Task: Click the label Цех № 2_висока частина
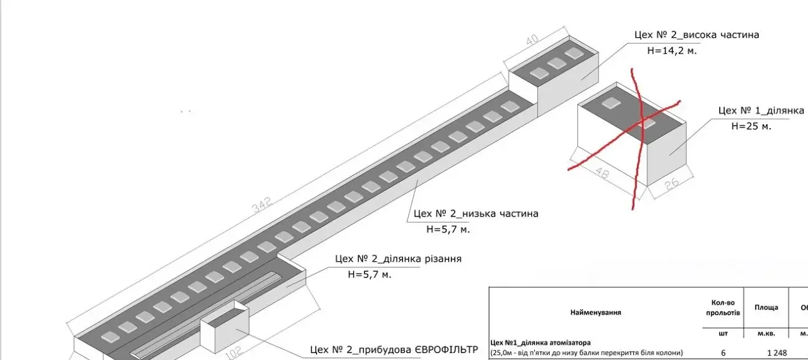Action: coord(697,35)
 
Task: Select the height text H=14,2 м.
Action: coord(672,51)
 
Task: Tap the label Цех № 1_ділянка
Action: coord(761,110)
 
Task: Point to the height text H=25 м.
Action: coord(751,126)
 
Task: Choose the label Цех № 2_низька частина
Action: coord(476,213)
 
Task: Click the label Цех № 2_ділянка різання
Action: coord(398,258)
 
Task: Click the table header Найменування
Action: coord(595,312)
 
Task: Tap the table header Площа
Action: coord(766,307)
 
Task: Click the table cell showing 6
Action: coord(723,353)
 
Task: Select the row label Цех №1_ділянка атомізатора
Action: coord(541,342)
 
